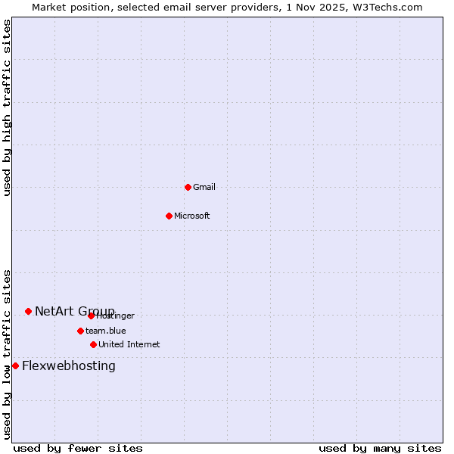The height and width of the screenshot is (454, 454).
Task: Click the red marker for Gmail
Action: point(188,187)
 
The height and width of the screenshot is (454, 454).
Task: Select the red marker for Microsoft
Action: point(169,216)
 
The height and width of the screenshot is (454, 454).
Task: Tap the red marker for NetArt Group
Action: point(28,311)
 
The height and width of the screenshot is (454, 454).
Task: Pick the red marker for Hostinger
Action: point(91,316)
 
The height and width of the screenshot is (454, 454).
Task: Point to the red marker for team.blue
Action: point(80,331)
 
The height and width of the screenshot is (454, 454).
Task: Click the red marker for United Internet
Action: point(93,344)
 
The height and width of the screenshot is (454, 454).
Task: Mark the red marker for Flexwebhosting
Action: point(15,365)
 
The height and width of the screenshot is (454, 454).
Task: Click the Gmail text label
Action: point(204,187)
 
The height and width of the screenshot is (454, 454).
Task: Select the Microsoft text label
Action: point(192,216)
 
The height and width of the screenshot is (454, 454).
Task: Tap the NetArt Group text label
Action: point(74,311)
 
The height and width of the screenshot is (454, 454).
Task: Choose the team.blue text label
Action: point(106,331)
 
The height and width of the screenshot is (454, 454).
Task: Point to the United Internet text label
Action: point(129,344)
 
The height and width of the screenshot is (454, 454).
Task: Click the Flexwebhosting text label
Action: point(69,366)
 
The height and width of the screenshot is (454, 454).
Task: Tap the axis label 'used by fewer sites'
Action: point(78,448)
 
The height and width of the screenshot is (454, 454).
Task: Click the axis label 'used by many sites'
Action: point(380,448)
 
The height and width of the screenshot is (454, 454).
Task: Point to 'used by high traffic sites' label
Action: point(7,107)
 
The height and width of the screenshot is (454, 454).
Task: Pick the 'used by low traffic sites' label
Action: point(7,354)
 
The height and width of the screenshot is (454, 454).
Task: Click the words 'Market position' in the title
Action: point(67,7)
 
